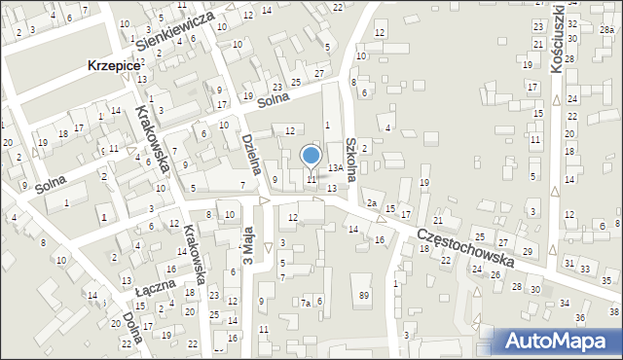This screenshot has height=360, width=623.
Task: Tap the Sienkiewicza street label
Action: pyautogui.click(x=174, y=32)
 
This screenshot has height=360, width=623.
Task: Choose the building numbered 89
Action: pyautogui.click(x=364, y=295)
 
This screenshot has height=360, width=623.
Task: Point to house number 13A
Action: pyautogui.click(x=335, y=168)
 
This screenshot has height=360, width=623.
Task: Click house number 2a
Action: pyautogui.click(x=372, y=202)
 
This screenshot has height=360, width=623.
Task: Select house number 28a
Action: pyautogui.click(x=606, y=30)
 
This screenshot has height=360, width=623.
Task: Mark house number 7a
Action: pyautogui.click(x=305, y=303)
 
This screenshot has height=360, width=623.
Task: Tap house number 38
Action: pyautogui.click(x=613, y=311)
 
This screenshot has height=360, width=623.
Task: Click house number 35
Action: pyautogui.click(x=606, y=280)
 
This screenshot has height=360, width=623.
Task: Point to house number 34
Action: pyautogui.click(x=565, y=304)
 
